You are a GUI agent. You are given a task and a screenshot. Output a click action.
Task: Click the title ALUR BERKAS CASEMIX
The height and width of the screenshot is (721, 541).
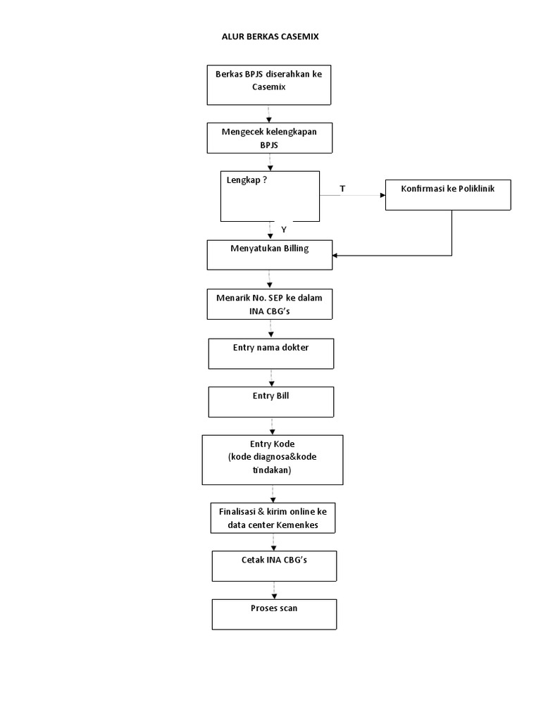270,37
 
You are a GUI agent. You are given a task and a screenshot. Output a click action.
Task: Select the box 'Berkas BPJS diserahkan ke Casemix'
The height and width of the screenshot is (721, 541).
268,84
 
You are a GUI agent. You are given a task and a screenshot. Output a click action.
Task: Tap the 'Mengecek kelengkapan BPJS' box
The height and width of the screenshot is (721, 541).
268,137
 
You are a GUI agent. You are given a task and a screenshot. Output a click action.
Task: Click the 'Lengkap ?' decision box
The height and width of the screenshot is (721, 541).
270,196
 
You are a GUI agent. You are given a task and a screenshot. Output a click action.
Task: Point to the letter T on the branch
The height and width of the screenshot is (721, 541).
342,189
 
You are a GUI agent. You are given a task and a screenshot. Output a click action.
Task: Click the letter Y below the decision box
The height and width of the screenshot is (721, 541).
284,230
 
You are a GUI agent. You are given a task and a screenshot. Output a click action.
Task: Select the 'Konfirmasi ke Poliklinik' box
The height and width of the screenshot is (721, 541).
447,194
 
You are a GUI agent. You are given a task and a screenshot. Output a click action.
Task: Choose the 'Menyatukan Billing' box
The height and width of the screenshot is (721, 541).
268,254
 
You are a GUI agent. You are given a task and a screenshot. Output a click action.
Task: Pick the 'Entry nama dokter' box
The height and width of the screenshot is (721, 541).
270,353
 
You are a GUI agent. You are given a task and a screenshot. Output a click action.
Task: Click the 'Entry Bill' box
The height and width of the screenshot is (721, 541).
270,402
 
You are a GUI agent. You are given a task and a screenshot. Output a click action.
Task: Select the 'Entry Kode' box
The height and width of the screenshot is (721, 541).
272,459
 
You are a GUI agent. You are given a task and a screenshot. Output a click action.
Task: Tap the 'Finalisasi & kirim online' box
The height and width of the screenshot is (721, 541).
272,518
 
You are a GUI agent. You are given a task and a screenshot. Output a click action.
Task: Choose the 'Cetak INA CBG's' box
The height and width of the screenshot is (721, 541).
274,565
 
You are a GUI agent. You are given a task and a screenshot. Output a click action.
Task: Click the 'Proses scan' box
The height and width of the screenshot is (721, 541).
274,614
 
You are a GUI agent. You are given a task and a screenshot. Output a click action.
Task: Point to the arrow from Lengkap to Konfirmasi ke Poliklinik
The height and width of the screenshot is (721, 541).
352,196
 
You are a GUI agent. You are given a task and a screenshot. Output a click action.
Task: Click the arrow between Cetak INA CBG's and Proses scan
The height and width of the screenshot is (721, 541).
274,590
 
